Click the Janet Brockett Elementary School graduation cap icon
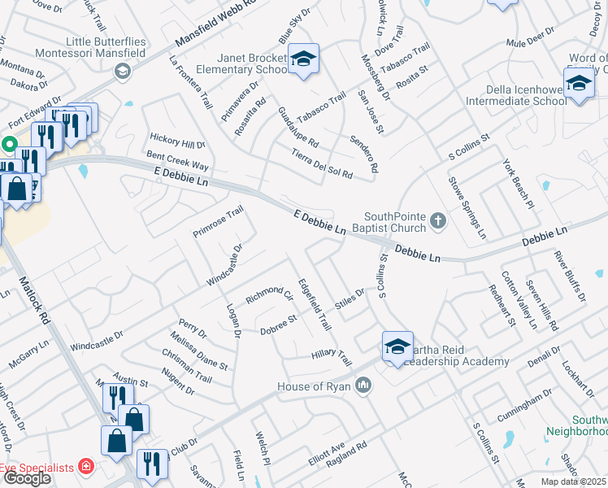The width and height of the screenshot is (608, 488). click(x=303, y=59)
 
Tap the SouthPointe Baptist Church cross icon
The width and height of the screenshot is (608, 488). click(x=438, y=220)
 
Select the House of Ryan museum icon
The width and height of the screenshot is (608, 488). click(x=363, y=385)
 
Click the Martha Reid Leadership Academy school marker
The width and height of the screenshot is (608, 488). click(x=397, y=346)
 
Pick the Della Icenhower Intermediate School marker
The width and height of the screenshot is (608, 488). click(x=579, y=84)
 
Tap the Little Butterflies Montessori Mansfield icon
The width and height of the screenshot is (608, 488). click(x=123, y=71)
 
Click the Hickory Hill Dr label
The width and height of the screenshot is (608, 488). click(x=177, y=141)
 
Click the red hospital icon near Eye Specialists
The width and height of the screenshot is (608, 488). click(x=85, y=466)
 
